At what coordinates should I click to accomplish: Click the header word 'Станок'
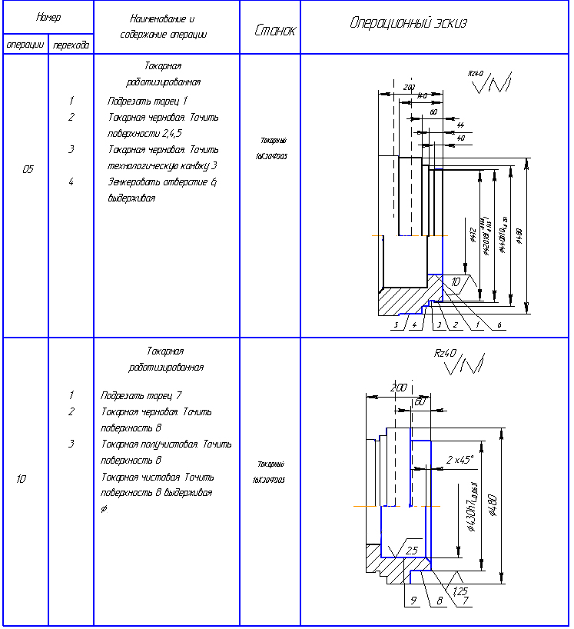pos(274,30)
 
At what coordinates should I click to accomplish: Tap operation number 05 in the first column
pos(28,170)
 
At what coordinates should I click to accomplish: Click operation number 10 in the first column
pos(21,479)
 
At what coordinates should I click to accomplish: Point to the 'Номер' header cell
pos(48,17)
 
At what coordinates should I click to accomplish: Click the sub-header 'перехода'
pos(70,45)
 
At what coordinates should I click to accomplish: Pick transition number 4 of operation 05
pos(71,182)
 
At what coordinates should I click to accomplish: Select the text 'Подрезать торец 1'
pos(148,101)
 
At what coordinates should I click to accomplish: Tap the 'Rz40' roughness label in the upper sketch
pos(476,73)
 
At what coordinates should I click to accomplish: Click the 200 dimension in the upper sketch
pos(408,88)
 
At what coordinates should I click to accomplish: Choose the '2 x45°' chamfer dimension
pos(460,460)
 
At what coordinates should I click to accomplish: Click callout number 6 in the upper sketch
pos(499,325)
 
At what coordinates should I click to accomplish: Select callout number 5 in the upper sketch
pos(396,325)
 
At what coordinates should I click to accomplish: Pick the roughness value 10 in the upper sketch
pos(456,282)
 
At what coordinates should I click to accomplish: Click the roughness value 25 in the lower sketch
pos(412,551)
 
